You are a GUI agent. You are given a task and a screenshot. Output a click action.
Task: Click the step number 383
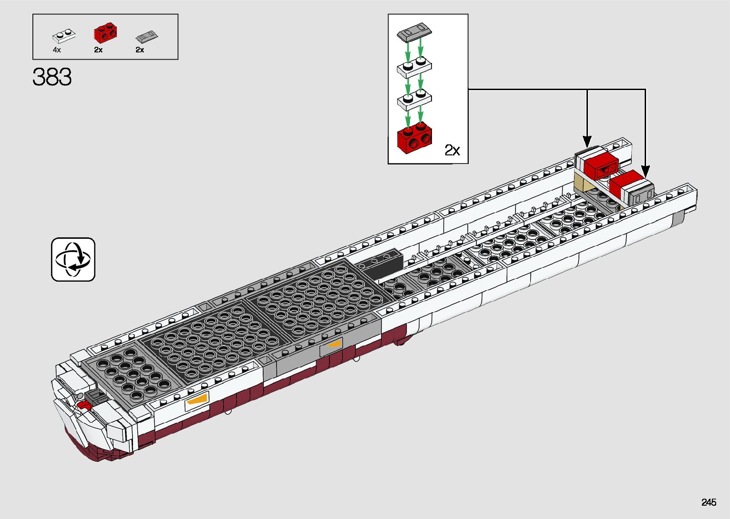click(x=52, y=77)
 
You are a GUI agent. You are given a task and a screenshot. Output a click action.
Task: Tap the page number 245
click(x=709, y=502)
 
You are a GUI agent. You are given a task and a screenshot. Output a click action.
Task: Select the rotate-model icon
click(x=73, y=259)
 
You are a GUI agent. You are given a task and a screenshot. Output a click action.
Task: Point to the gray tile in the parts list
click(x=146, y=36)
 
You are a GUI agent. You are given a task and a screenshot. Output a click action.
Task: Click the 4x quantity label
click(x=57, y=50)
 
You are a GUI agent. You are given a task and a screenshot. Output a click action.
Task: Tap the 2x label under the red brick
click(x=98, y=50)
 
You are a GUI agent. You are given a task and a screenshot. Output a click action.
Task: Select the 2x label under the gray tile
click(x=140, y=50)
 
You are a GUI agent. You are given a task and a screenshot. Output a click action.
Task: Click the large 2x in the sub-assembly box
click(x=452, y=151)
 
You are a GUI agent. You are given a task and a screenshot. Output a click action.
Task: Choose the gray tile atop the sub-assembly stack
click(x=414, y=32)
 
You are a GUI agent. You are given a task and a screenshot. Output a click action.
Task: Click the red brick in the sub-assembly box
click(x=414, y=138)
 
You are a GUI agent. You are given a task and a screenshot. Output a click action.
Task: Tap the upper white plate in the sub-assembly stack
click(x=414, y=67)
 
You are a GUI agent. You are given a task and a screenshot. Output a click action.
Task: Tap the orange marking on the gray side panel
click(x=334, y=344)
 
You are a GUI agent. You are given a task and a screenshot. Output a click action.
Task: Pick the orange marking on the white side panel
click(x=197, y=399)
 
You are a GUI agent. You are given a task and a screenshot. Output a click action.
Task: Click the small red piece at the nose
click(x=85, y=406)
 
